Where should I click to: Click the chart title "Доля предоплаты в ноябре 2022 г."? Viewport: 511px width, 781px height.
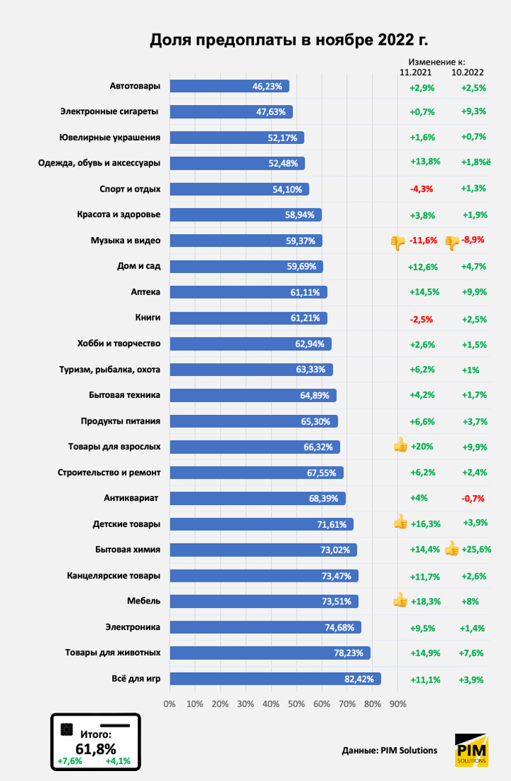click(x=289, y=40)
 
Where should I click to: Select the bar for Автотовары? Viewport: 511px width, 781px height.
click(x=229, y=86)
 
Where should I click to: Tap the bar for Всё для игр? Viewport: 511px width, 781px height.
click(x=275, y=679)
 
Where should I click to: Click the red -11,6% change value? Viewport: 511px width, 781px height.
click(x=424, y=241)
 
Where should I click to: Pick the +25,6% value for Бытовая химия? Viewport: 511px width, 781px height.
click(x=476, y=549)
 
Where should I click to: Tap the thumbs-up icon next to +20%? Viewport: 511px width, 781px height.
click(x=400, y=446)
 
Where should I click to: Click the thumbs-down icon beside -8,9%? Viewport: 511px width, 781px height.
click(x=451, y=241)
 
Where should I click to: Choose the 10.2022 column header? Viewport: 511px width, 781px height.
click(x=468, y=72)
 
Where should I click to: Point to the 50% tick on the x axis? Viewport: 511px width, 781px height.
click(x=296, y=704)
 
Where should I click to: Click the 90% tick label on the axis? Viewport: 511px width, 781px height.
click(x=397, y=704)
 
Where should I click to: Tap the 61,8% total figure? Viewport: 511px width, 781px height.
click(x=96, y=748)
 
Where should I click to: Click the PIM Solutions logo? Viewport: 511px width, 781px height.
click(x=471, y=750)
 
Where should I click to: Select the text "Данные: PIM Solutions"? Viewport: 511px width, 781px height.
click(x=389, y=750)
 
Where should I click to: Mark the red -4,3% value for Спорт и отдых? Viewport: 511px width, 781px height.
click(x=422, y=189)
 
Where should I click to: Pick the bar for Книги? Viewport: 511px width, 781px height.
click(x=248, y=318)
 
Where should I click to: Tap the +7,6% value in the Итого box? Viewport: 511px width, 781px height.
click(x=70, y=761)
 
